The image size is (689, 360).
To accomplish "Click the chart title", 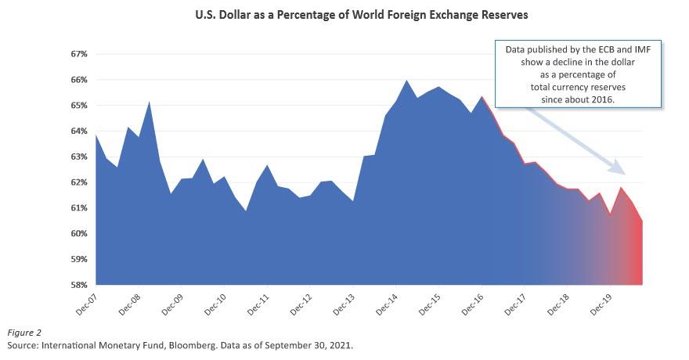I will [344, 14].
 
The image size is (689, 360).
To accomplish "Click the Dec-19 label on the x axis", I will [598, 304].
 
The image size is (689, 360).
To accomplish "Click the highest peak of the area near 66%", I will [406, 81].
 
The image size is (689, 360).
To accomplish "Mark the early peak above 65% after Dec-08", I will [150, 102].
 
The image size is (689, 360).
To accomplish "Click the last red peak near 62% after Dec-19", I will [621, 188].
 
